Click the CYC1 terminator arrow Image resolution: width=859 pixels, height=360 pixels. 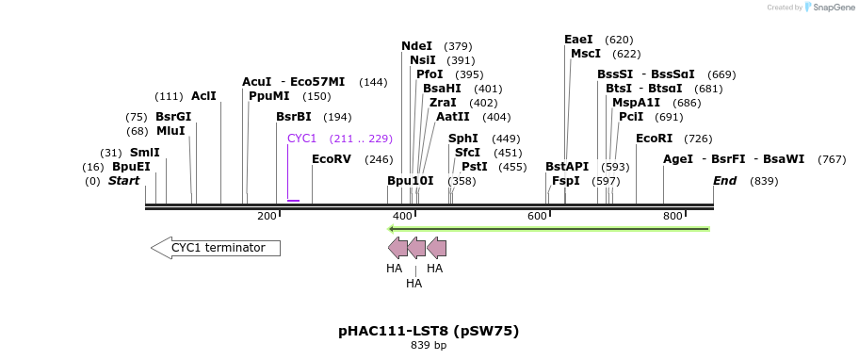tap(216, 248)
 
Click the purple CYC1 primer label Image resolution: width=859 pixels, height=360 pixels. tap(301, 139)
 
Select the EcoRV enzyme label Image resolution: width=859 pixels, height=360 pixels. tap(332, 159)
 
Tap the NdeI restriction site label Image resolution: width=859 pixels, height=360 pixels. tap(416, 46)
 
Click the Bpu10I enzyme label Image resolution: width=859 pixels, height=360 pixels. tap(411, 180)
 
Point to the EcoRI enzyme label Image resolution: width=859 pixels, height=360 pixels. tap(654, 139)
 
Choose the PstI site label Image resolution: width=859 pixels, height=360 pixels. tap(474, 167)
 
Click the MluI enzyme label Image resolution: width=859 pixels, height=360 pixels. tap(170, 131)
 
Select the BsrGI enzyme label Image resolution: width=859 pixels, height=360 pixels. tap(173, 117)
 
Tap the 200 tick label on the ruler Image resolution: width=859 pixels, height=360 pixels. tap(267, 217)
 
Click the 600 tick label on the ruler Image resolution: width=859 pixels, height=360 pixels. tap(537, 217)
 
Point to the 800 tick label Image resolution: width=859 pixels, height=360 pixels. tap(673, 217)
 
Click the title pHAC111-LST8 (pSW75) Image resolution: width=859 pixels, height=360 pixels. tap(429, 331)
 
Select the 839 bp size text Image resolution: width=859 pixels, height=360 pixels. tap(429, 346)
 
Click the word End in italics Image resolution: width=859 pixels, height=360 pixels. tap(724, 180)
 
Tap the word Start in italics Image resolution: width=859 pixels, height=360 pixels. tap(123, 180)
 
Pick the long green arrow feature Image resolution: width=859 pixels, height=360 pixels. tap(548, 228)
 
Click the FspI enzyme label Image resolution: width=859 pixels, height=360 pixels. tap(566, 180)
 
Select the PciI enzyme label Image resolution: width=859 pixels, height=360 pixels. tap(631, 117)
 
